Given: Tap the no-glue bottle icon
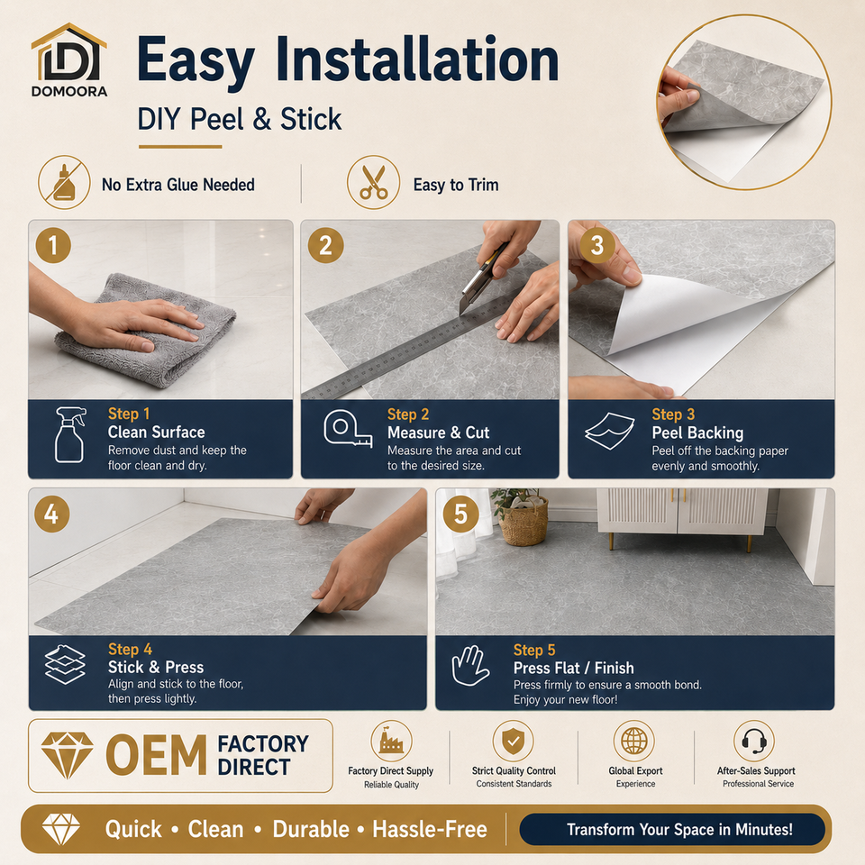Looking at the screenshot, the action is [x=65, y=183].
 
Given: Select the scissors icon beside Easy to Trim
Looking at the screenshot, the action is [x=373, y=183].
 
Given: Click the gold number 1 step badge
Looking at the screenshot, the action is [x=53, y=245].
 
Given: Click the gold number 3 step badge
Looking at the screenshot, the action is [x=596, y=245].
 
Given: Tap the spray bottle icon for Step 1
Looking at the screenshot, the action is [x=70, y=434].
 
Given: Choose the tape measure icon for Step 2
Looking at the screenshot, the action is [x=348, y=429].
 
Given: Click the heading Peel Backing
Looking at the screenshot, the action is [x=697, y=432].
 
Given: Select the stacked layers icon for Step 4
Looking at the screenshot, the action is [x=65, y=664].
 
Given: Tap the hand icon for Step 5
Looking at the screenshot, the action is [x=470, y=666].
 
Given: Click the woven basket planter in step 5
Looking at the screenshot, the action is [x=523, y=522].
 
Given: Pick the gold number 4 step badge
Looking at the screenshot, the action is [x=52, y=514].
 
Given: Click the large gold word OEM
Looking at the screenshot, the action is [x=156, y=755].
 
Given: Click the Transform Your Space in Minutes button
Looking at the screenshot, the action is [x=672, y=829].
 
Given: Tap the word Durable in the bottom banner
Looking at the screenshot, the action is [x=311, y=829].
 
